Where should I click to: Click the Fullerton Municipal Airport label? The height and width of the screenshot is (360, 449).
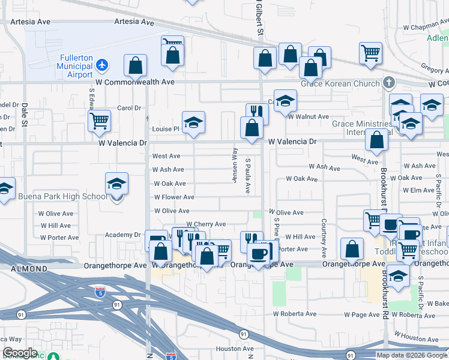point(75,66)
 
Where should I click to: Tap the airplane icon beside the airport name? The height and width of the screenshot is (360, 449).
point(103,64)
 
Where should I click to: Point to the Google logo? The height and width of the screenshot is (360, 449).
point(19,353)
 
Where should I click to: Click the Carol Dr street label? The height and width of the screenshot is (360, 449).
point(128,108)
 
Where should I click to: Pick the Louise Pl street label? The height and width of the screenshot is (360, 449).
point(166,128)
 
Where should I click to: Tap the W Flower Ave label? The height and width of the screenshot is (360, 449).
point(174,197)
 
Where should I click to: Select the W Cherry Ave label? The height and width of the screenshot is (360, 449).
point(205,224)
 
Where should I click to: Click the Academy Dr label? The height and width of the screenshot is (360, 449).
point(122,235)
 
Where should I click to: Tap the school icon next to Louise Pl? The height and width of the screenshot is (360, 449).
point(194,122)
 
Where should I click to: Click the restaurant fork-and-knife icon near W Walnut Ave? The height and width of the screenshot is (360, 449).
point(257,112)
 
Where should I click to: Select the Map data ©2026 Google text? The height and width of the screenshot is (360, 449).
point(411,355)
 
